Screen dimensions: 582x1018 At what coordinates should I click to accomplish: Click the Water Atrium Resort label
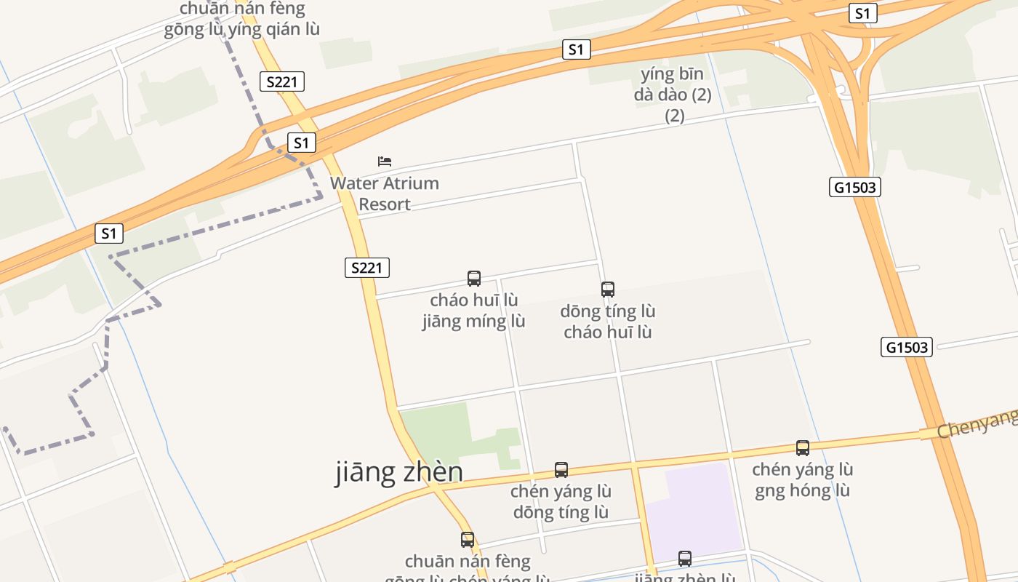[385, 194]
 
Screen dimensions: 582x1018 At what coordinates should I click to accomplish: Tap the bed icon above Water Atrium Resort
[385, 161]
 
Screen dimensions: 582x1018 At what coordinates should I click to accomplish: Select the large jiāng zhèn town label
[399, 473]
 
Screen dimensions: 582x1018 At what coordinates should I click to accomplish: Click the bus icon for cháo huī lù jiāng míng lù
[474, 278]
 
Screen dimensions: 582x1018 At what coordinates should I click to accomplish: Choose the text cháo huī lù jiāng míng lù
[473, 311]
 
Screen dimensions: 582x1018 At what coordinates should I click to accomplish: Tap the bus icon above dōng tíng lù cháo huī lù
[608, 290]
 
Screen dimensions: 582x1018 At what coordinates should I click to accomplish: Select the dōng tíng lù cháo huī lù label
[608, 322]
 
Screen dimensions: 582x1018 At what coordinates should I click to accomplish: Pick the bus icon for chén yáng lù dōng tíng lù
[561, 470]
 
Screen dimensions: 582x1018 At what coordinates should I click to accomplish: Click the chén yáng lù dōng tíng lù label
[561, 502]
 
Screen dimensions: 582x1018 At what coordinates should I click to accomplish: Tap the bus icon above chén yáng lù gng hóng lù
[803, 448]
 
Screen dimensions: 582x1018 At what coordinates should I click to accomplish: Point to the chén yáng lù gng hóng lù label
[802, 480]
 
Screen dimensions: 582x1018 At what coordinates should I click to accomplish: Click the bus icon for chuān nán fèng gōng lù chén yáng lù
[468, 540]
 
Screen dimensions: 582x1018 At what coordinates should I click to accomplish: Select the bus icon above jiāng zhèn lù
[685, 559]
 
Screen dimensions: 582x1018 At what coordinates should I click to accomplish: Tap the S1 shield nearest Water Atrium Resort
[302, 143]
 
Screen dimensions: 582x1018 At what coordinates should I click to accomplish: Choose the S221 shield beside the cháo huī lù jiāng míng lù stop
[367, 268]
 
